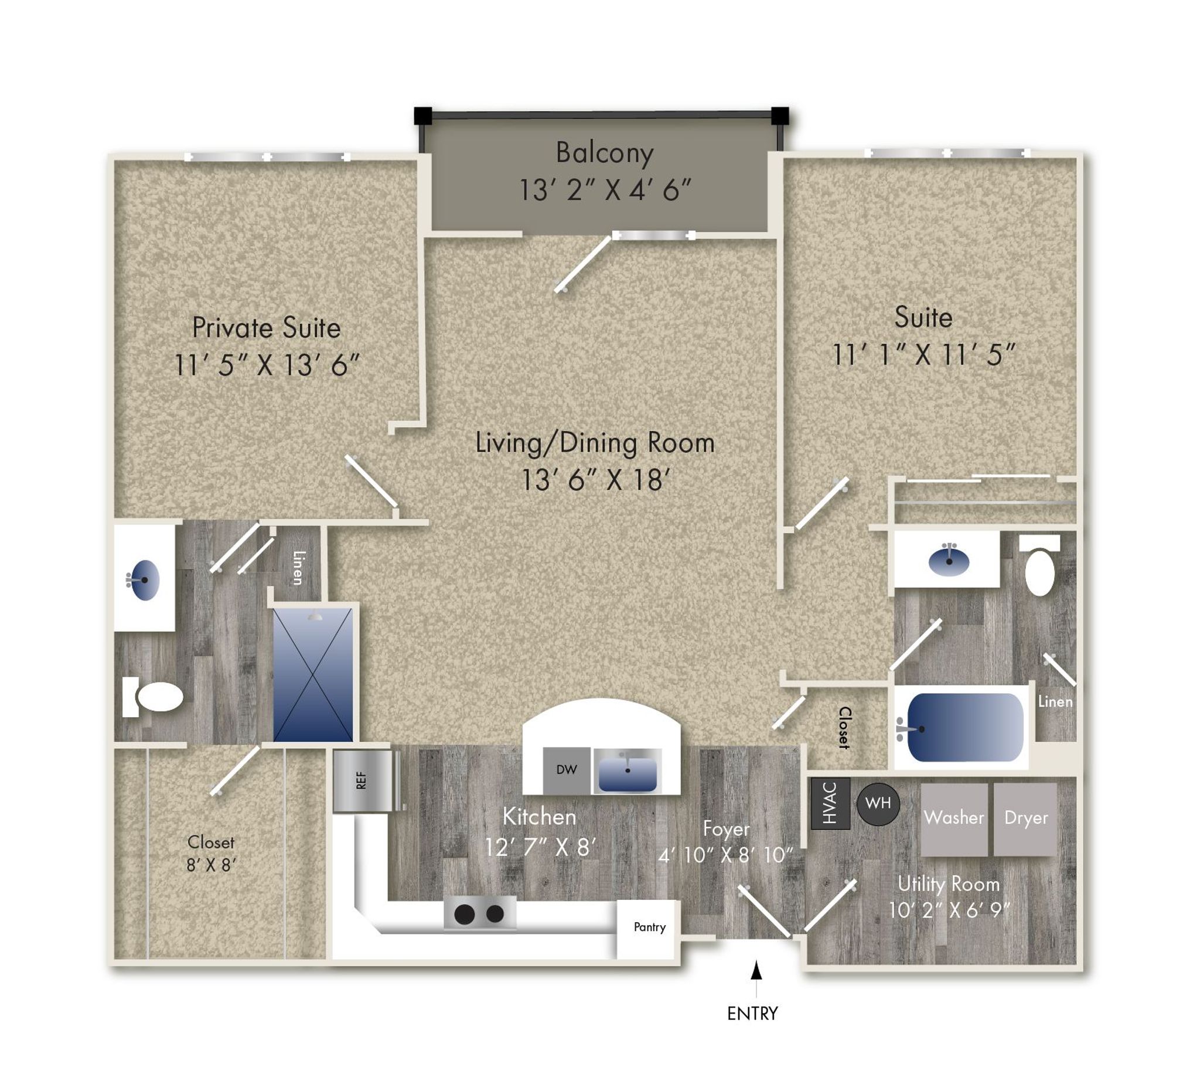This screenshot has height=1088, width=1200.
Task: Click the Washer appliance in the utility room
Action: (954, 820)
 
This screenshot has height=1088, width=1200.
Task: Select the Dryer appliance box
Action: (1025, 820)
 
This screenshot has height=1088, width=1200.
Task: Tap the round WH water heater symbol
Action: (878, 803)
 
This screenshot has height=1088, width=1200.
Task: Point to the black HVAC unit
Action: (830, 803)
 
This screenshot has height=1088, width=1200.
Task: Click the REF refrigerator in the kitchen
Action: (363, 781)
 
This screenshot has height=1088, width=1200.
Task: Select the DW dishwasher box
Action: (567, 770)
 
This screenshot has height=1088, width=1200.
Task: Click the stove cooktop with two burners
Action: (480, 913)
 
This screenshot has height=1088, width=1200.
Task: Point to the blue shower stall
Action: (313, 674)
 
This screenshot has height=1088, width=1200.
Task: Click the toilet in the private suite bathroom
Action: (153, 697)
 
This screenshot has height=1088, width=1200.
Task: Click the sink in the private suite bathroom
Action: (144, 579)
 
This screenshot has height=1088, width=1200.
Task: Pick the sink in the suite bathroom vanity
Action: (949, 560)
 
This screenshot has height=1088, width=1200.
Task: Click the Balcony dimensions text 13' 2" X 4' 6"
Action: (605, 190)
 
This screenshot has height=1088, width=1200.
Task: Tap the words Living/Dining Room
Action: (595, 444)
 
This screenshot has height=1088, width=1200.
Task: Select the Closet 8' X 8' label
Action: (212, 854)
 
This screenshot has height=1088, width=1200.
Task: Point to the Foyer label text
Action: (725, 830)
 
